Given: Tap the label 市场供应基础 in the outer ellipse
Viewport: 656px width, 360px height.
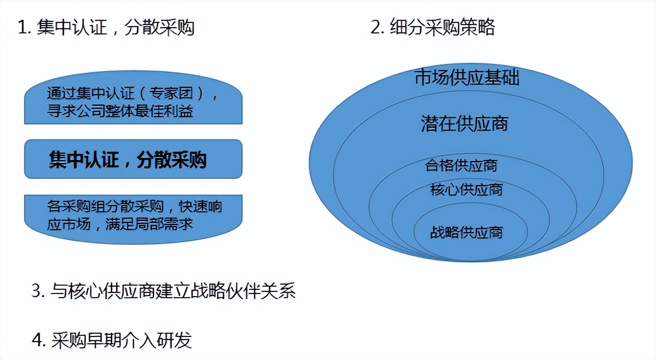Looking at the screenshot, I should pyautogui.click(x=467, y=78).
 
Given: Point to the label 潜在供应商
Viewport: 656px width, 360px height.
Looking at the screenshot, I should pyautogui.click(x=465, y=123).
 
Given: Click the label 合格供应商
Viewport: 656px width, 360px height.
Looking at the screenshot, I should pyautogui.click(x=461, y=166).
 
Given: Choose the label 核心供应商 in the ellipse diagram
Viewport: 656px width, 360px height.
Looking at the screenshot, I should pyautogui.click(x=466, y=189).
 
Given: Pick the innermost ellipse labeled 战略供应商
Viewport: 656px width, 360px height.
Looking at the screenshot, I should pyautogui.click(x=466, y=232).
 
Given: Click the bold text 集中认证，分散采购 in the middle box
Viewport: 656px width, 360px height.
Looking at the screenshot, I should pyautogui.click(x=128, y=160).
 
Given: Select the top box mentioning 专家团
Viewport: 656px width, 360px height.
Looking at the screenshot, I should pyautogui.click(x=133, y=103).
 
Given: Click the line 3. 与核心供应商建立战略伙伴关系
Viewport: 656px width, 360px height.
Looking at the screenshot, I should pyautogui.click(x=164, y=291).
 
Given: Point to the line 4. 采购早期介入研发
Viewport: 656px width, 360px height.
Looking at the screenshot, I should pyautogui.click(x=112, y=341).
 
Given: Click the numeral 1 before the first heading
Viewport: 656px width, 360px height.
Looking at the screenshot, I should pyautogui.click(x=22, y=28).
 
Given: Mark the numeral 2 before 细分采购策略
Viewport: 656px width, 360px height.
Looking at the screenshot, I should pyautogui.click(x=375, y=28).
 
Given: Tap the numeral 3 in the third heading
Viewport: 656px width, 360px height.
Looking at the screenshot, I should pyautogui.click(x=36, y=291).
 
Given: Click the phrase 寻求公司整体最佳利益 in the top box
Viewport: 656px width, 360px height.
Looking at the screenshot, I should pyautogui.click(x=120, y=111).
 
